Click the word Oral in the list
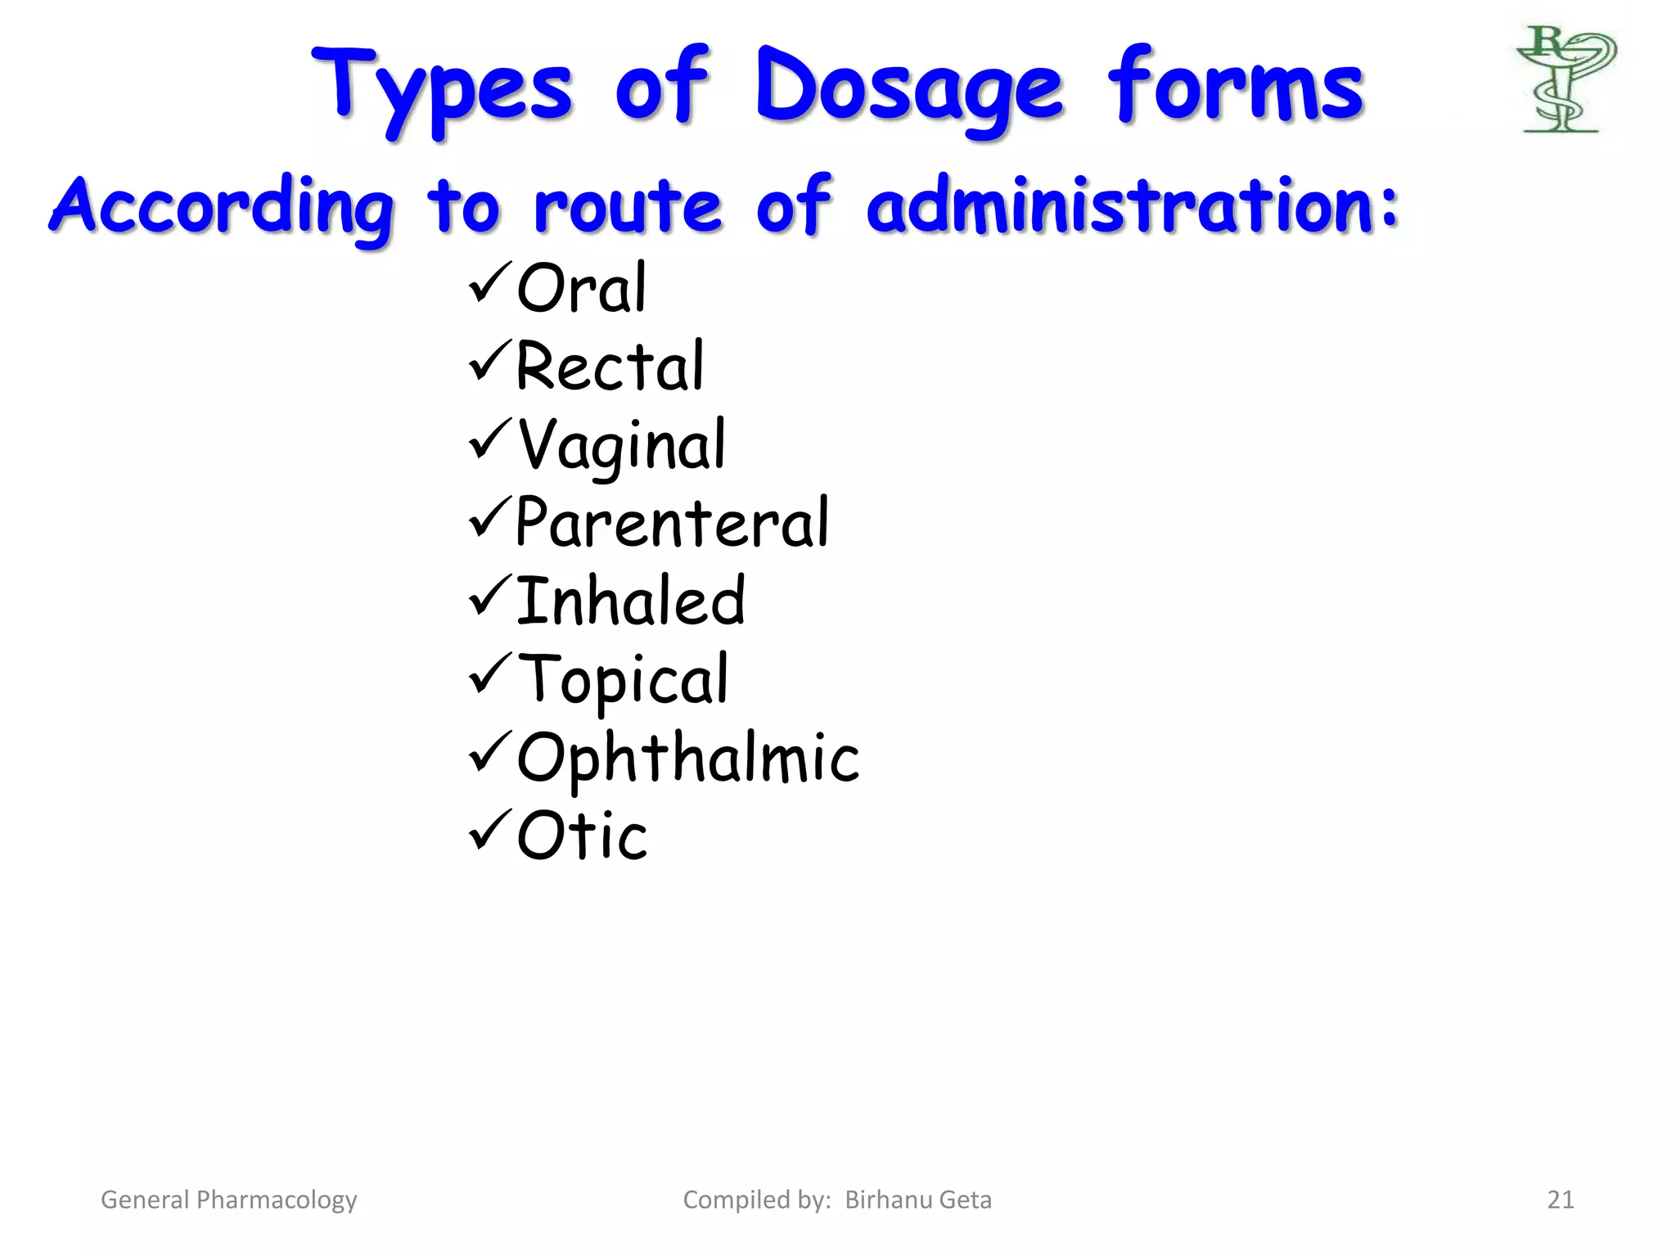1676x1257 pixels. point(581,288)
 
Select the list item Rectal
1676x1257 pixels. point(609,366)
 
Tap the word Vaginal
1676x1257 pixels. point(622,445)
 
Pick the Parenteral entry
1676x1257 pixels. point(672,523)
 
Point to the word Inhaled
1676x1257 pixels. point(630,601)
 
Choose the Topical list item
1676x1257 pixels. point(623,680)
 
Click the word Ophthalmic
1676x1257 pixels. point(688,758)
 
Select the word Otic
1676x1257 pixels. point(582,836)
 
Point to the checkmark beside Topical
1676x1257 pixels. point(490,674)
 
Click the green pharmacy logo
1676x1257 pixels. point(1565,79)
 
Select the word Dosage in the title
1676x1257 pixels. point(908,88)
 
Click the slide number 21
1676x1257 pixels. point(1560,1200)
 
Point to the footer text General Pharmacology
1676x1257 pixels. point(228,1200)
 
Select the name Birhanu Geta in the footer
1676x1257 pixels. point(917,1200)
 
